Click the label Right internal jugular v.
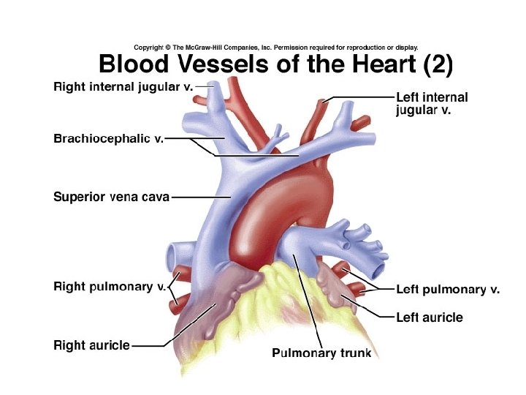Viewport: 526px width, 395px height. point(123,87)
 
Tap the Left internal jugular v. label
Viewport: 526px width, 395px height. point(431,103)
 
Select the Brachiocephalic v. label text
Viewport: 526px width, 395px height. point(108,138)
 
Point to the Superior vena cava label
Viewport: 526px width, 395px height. point(111,197)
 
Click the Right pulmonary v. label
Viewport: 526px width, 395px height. point(110,287)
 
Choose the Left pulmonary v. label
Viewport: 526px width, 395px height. point(447,290)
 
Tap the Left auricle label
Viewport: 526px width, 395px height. point(429,317)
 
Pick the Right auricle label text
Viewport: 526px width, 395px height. point(92,345)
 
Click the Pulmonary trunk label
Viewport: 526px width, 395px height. point(321,353)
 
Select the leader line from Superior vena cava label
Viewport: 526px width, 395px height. point(201,197)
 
